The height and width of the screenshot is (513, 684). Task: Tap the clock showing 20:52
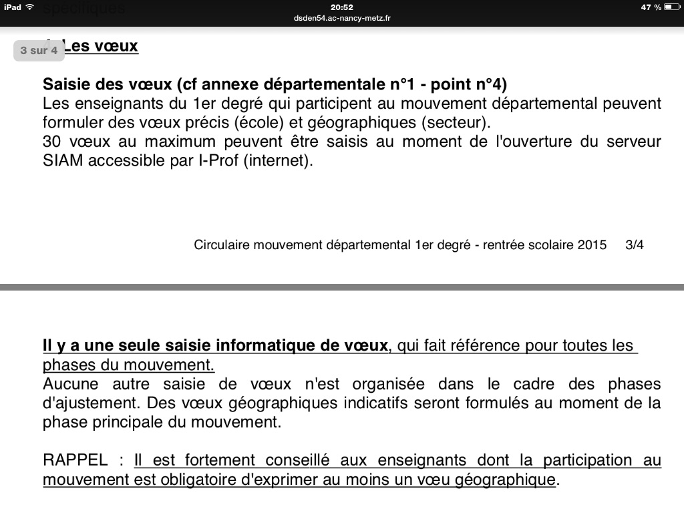[x=341, y=7]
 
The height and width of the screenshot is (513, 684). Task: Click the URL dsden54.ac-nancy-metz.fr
[x=341, y=18]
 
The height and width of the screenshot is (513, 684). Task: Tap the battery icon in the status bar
[x=671, y=7]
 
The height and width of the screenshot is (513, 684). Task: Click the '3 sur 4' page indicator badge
[x=39, y=50]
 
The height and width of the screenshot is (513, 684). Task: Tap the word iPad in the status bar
[x=13, y=7]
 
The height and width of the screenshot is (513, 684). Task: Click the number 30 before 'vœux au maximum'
[x=52, y=142]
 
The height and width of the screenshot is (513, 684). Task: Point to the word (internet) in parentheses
[x=279, y=160]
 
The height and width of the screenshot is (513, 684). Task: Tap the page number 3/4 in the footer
[x=635, y=244]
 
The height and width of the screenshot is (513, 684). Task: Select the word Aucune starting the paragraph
[x=70, y=384]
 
